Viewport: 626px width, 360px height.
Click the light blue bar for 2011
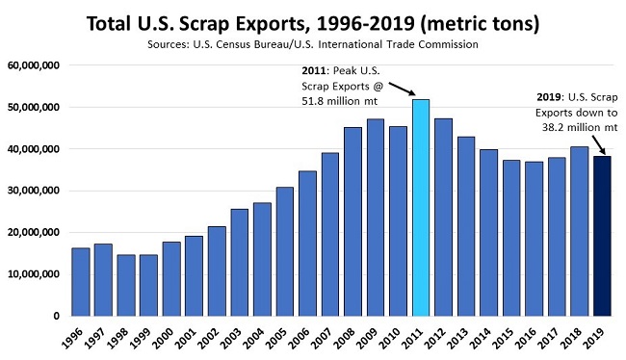[x=420, y=207]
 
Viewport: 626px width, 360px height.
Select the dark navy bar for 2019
[x=602, y=236]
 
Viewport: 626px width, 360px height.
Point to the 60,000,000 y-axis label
[x=34, y=65]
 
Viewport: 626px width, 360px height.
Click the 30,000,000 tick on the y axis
[x=34, y=191]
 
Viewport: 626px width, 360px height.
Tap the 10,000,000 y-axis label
[x=34, y=274]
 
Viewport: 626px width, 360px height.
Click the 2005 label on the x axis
[x=281, y=337]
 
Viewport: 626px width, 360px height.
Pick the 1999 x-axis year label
[x=144, y=337]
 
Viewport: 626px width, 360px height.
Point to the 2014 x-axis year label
[x=486, y=337]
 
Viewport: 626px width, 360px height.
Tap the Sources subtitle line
[x=312, y=44]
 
